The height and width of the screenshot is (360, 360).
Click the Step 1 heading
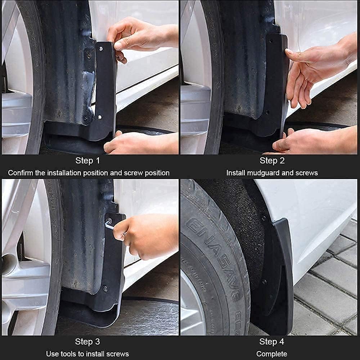87,161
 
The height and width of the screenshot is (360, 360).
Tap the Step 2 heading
272,161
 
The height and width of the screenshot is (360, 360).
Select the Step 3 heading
87,341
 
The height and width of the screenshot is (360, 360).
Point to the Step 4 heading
272,341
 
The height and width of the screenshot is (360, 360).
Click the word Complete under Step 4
272,354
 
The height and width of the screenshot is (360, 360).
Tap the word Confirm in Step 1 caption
21,173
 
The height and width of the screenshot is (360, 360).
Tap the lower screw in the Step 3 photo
105,288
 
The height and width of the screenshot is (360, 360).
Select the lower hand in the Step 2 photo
310,142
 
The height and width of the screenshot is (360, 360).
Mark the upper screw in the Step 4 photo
264,218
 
